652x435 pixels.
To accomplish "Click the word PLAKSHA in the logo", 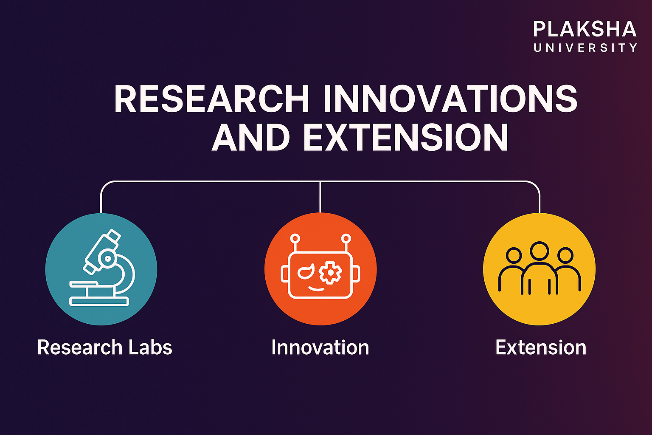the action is [585, 29].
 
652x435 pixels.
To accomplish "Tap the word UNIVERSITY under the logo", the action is [585, 48].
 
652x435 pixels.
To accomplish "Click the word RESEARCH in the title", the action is [212, 99].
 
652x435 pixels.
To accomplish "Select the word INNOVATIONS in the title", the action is [450, 99].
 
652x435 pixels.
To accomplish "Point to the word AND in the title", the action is [250, 137].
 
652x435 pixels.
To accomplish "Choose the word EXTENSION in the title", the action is [406, 137].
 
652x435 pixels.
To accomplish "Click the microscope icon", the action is [102, 268].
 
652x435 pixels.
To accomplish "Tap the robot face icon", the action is [320, 266].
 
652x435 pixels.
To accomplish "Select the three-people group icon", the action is [540, 268].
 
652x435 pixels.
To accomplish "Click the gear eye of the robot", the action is [330, 272].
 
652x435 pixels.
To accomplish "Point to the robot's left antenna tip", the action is [295, 238].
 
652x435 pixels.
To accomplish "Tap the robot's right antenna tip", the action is [346, 238].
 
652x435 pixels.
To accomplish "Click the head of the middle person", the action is [540, 251].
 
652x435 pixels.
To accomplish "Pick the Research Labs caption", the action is [104, 347].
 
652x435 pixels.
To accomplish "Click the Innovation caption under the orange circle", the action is [320, 347].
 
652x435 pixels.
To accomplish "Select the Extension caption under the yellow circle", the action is [540, 347].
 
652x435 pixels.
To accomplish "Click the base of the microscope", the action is [99, 302].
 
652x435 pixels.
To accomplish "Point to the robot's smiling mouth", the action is [316, 289].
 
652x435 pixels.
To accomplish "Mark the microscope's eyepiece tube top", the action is [114, 235].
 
